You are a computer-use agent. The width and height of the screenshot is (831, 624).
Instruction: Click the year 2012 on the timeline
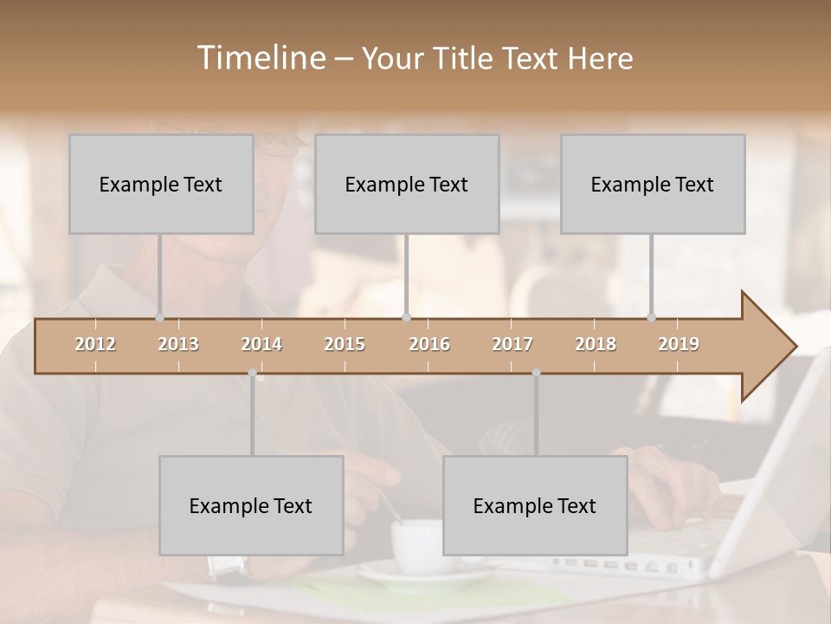[x=95, y=344]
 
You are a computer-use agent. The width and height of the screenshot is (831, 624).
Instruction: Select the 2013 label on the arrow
[x=178, y=344]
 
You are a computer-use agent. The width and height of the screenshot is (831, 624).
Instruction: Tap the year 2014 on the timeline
[x=261, y=344]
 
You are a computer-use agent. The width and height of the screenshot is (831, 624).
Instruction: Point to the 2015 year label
[x=345, y=344]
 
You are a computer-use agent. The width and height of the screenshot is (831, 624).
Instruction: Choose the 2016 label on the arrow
[x=429, y=344]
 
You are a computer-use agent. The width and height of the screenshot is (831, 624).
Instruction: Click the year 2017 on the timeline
[x=512, y=344]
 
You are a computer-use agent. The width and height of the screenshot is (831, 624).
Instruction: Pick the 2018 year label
[x=596, y=344]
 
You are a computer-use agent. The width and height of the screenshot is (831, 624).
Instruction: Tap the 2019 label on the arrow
[x=679, y=344]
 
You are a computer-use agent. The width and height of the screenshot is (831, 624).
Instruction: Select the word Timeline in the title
[x=260, y=58]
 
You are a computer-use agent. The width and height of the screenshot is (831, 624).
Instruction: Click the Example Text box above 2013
[x=161, y=184]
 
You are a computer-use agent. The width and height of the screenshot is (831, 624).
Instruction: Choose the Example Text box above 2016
[x=407, y=184]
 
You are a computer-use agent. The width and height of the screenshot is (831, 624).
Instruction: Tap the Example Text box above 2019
[x=653, y=184]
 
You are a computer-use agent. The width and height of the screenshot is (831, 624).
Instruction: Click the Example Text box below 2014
[x=251, y=505]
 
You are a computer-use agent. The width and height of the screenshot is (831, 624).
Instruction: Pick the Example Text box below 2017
[x=535, y=505]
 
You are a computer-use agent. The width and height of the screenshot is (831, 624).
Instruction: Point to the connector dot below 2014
[x=252, y=373]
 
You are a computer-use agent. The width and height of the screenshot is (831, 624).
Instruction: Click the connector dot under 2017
[x=536, y=373]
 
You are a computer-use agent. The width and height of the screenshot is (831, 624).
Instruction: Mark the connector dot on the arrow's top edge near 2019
[x=651, y=318]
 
